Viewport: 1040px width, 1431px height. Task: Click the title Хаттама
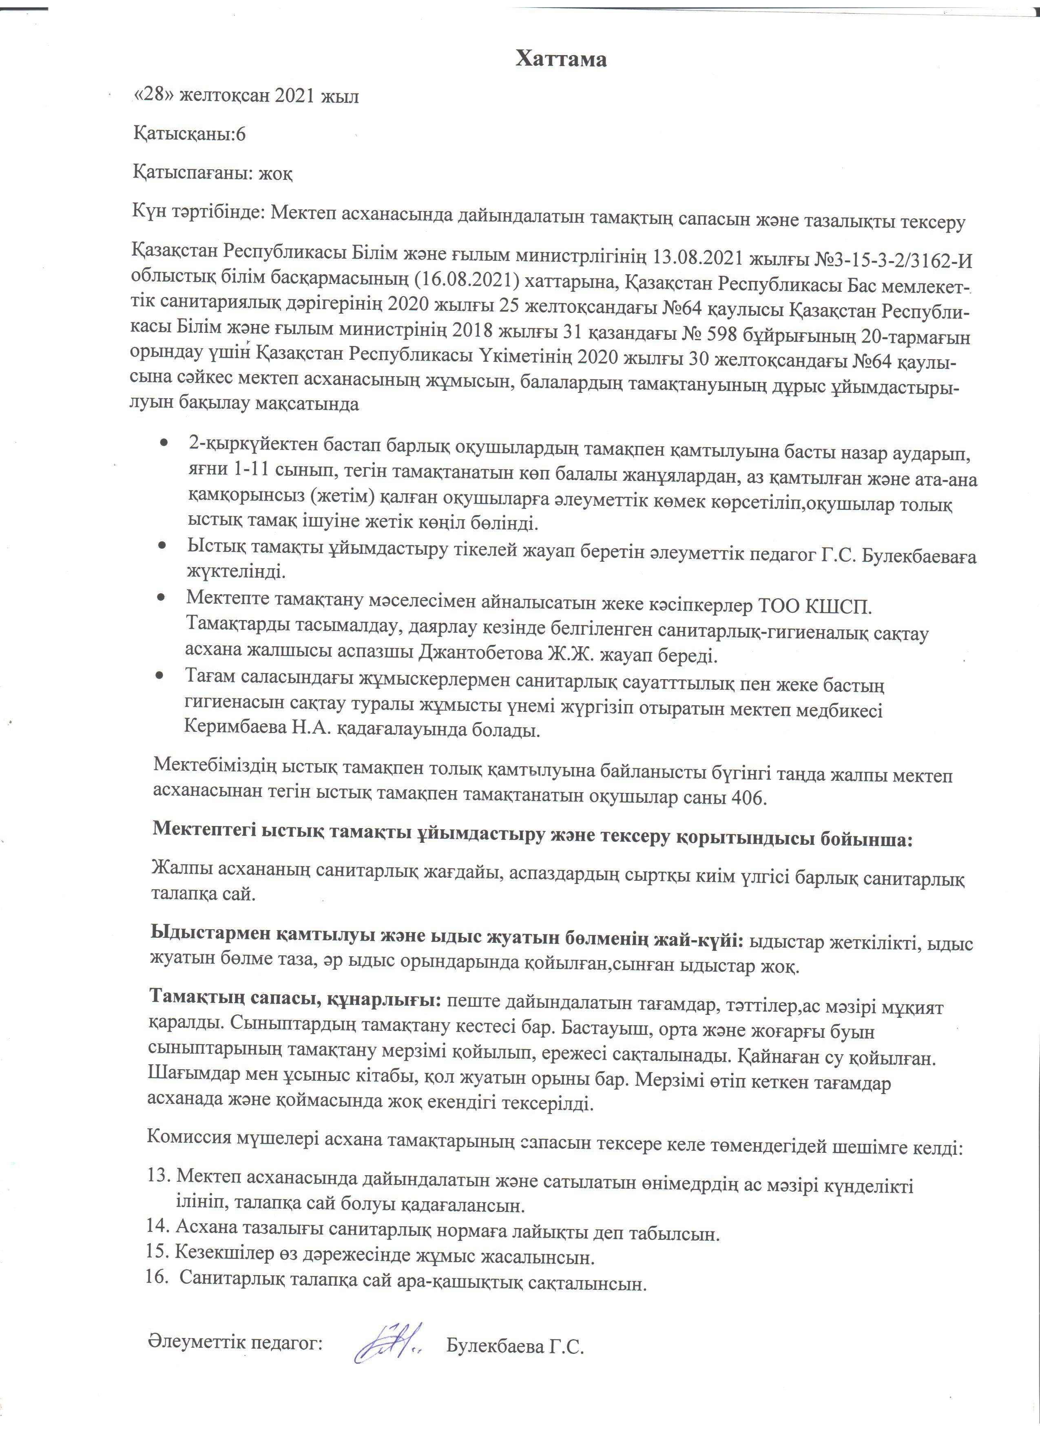pos(561,59)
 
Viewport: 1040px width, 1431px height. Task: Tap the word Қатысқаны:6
pos(189,134)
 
